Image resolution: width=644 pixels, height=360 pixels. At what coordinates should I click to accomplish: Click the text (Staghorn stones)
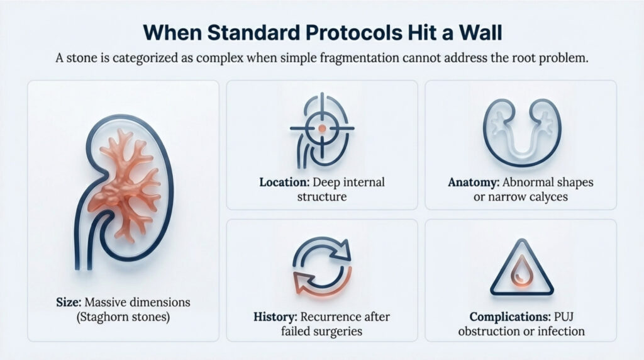[123, 316]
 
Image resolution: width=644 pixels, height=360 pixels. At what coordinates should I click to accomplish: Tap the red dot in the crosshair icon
[321, 128]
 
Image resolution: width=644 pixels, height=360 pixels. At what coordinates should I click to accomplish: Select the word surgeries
[341, 331]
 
